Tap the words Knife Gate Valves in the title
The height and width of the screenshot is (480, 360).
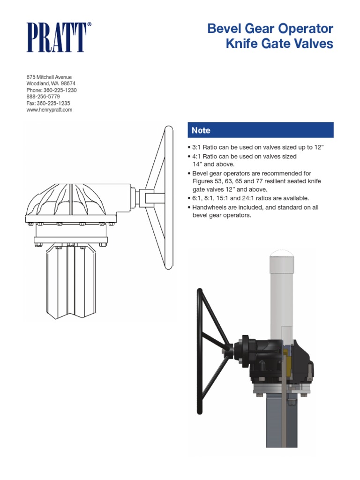(x=279, y=44)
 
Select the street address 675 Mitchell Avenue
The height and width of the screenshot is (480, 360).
(x=48, y=77)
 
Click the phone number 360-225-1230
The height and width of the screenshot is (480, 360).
(x=60, y=90)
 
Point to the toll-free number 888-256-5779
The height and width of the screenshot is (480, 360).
(x=43, y=97)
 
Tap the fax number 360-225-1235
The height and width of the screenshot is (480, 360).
(x=56, y=103)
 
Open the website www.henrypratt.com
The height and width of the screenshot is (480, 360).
(x=49, y=110)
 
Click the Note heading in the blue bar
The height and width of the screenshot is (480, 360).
(x=201, y=130)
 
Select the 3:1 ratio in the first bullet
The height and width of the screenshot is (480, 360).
(x=198, y=147)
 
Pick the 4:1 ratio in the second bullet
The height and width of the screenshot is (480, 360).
(x=198, y=156)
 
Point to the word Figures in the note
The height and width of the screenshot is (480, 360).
(x=203, y=181)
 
